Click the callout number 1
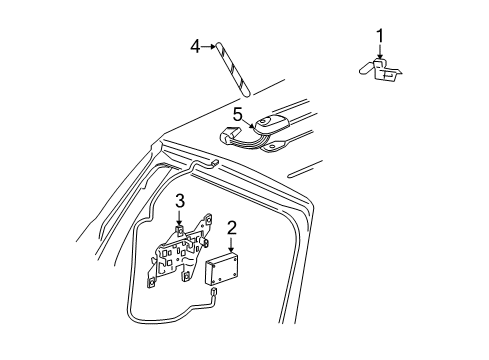coord(380,36)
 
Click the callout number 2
coord(231,229)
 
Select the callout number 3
coord(179,203)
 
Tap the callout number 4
coord(196,44)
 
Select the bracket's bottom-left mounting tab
coord(153,283)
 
